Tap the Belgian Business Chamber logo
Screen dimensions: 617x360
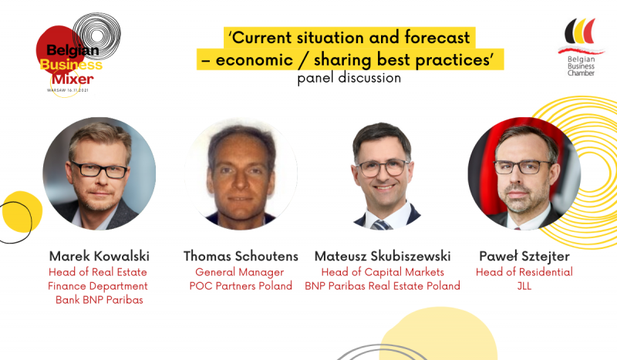pos(581,47)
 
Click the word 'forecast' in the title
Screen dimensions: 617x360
pos(437,38)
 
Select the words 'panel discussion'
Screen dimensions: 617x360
pos(349,78)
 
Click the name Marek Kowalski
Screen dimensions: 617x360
pos(99,256)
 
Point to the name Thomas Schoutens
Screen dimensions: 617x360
pos(241,256)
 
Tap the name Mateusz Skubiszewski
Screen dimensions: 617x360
pos(383,256)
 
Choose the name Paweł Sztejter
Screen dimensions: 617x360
pos(524,257)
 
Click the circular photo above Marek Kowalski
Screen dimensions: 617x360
pos(99,173)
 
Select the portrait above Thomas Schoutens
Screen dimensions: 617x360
pos(241,173)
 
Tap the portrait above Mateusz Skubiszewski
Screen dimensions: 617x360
pos(383,173)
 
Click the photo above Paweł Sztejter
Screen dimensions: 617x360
pos(524,173)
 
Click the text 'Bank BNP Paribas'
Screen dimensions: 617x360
pos(99,300)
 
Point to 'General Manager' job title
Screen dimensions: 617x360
pos(240,272)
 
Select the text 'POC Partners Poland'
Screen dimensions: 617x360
pos(241,286)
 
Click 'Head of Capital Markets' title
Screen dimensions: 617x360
pos(383,272)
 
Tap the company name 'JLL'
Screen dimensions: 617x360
pos(524,286)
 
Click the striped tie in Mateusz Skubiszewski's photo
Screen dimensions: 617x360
pos(380,225)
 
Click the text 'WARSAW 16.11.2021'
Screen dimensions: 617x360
pos(68,90)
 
